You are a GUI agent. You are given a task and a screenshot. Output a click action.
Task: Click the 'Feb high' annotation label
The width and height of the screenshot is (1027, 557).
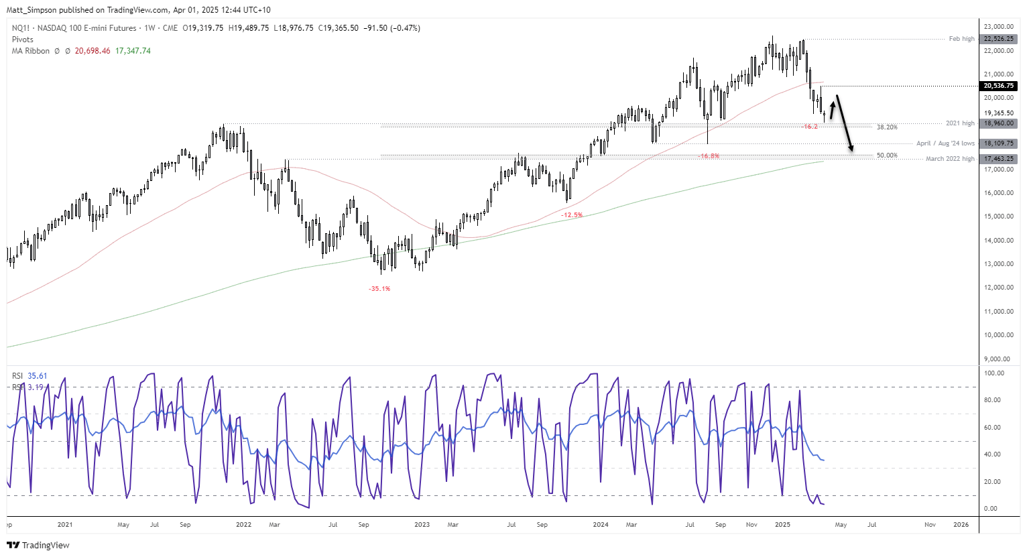tap(961, 39)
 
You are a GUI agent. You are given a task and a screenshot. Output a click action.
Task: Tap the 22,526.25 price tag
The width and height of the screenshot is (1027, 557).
tap(999, 39)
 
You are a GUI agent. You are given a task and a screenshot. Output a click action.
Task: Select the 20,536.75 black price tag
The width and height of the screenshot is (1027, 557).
tap(999, 86)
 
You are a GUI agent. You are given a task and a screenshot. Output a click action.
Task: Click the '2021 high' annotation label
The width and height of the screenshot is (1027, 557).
tap(960, 123)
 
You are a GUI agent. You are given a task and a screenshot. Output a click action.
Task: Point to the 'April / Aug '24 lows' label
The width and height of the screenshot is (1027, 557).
tap(945, 143)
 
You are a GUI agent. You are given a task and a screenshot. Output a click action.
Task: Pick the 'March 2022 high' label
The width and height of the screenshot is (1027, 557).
tap(950, 159)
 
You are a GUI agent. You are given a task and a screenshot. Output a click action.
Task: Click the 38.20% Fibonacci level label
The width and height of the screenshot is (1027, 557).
tap(887, 127)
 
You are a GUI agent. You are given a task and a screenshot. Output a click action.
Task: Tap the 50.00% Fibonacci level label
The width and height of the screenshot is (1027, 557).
tap(887, 156)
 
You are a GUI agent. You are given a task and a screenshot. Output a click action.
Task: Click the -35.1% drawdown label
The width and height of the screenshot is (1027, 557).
tap(379, 289)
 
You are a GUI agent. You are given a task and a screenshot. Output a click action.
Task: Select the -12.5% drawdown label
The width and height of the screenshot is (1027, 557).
tap(572, 215)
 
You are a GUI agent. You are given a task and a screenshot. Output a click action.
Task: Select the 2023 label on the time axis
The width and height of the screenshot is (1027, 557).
tap(422, 525)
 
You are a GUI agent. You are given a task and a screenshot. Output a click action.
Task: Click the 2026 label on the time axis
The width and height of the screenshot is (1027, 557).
tap(961, 525)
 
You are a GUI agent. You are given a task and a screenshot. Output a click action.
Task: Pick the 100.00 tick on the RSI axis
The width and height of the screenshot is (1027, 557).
tap(995, 373)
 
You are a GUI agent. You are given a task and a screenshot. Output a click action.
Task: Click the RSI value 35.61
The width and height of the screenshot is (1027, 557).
tap(38, 376)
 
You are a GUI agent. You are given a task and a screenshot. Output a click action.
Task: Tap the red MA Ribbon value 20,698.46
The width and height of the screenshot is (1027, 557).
tap(93, 51)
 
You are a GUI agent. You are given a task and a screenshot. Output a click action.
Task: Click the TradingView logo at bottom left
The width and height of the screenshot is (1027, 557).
tap(38, 545)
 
